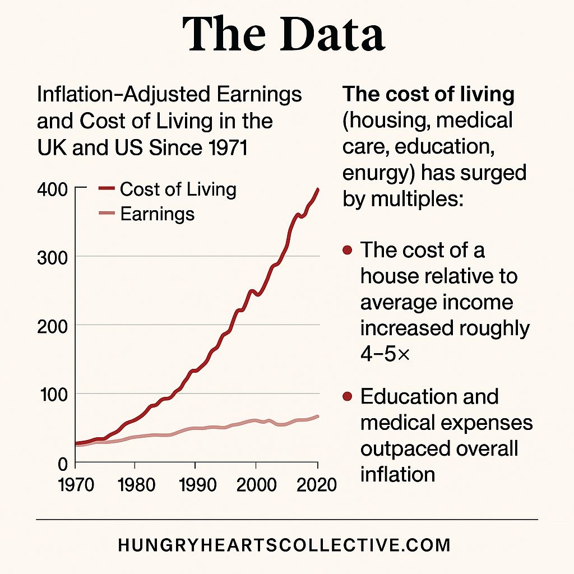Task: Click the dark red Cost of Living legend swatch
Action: coord(107,189)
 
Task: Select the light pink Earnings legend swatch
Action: coord(107,214)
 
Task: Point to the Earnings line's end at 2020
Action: coord(318,416)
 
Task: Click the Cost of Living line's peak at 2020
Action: coord(318,189)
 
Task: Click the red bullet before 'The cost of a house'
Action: coord(347,250)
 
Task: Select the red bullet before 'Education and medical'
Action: coord(347,397)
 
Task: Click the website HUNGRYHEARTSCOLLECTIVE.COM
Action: coord(284,545)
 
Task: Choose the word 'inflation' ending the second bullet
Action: coord(397,474)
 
